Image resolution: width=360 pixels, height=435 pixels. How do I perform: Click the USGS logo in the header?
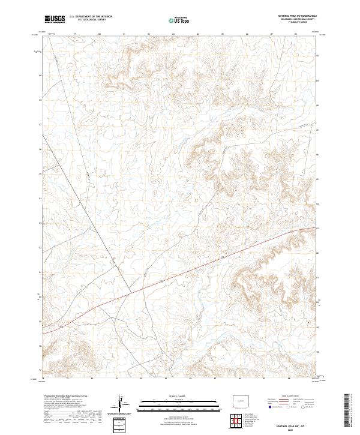55,19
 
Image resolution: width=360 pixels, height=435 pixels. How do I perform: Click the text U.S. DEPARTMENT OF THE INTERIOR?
90,17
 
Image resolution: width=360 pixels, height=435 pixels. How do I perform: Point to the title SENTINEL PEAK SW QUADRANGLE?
292,16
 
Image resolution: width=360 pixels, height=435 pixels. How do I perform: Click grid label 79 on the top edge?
75,34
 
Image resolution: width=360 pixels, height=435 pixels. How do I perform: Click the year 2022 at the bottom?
292,430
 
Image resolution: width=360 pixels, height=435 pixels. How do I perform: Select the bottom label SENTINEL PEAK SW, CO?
292,427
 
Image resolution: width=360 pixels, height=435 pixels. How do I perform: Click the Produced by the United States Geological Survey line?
66,395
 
